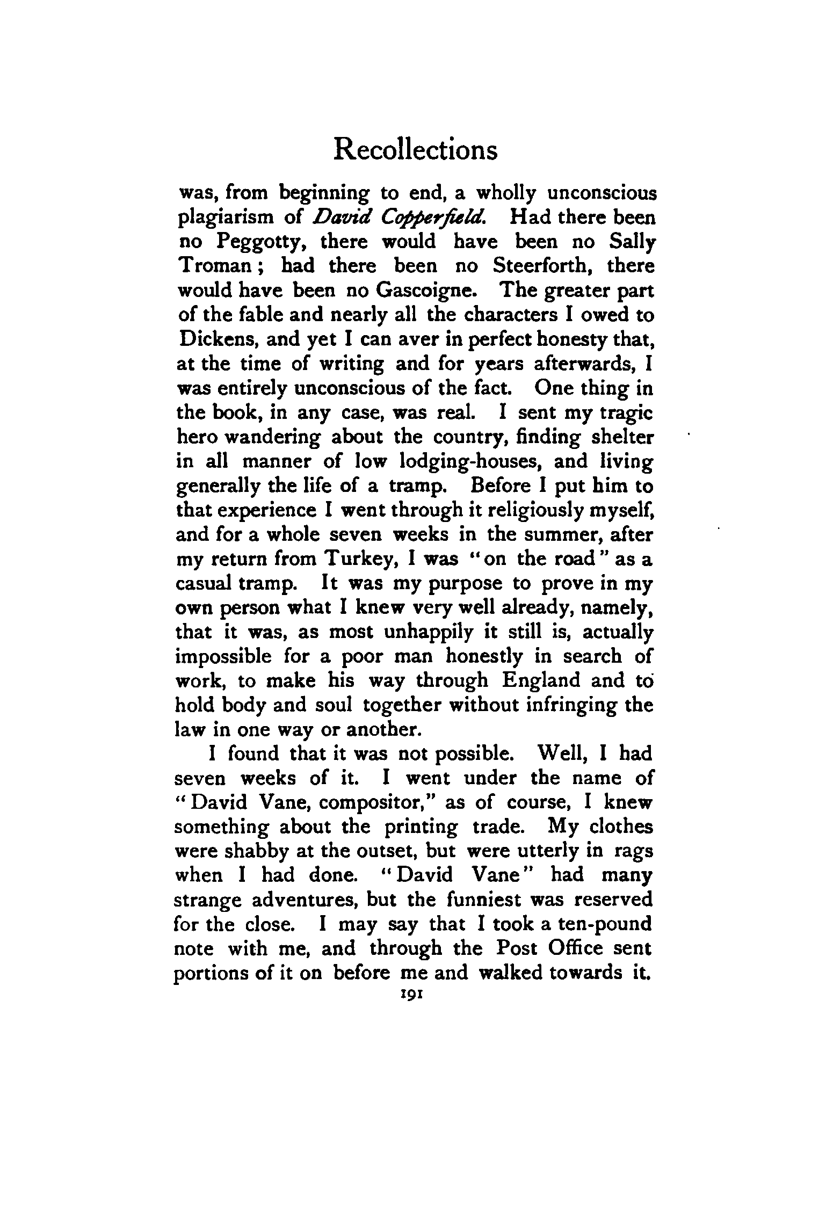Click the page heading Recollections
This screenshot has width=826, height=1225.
[415, 150]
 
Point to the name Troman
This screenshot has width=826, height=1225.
[213, 266]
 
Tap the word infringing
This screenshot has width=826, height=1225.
[557, 705]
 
